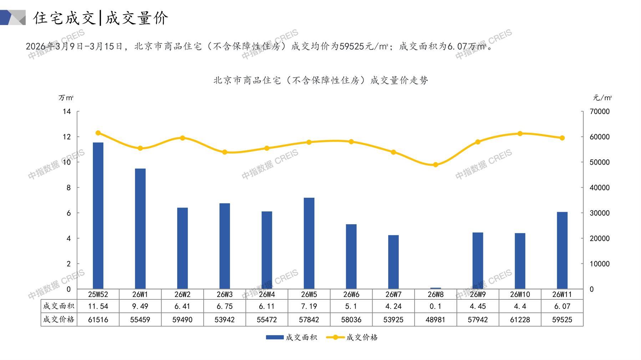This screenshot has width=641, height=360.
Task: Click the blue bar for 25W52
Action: tap(98, 216)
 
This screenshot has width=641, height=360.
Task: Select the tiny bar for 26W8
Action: tap(436, 288)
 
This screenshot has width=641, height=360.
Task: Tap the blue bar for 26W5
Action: tap(309, 243)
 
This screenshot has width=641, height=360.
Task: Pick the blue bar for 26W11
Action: tap(562, 250)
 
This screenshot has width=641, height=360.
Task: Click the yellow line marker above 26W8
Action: tap(436, 165)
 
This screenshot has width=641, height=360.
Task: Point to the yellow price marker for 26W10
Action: tap(520, 134)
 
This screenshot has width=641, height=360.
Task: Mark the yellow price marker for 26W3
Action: tap(225, 152)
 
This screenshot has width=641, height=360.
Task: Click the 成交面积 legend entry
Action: tap(291, 337)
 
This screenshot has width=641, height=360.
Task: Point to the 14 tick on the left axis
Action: tap(67, 112)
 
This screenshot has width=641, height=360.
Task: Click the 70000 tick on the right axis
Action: tap(600, 112)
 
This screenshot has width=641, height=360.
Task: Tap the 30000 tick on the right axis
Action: tap(600, 213)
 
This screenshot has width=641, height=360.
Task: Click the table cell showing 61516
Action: tap(98, 320)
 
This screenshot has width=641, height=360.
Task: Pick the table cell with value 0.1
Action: tap(436, 306)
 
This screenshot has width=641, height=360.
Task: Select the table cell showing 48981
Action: tap(436, 320)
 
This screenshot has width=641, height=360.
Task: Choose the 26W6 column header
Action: tap(351, 294)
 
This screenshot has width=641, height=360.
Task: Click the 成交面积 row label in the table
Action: tap(59, 306)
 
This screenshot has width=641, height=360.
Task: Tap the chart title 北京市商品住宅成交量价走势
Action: tap(321, 81)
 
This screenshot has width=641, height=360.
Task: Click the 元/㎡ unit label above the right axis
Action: tap(602, 98)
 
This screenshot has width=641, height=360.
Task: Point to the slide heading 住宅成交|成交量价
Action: tap(101, 18)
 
